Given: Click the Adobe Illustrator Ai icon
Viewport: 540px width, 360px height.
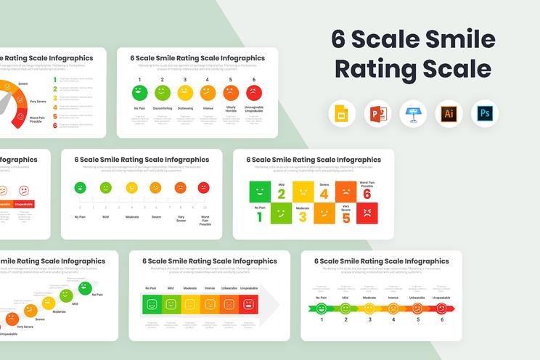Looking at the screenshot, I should (x=449, y=114).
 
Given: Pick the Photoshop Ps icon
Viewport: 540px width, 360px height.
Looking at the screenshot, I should (x=484, y=114).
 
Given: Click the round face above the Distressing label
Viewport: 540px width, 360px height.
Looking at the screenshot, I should (x=185, y=92).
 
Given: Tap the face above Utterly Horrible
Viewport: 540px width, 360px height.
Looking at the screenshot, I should (x=231, y=92).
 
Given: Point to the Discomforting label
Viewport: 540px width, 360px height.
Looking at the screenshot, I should (x=163, y=108).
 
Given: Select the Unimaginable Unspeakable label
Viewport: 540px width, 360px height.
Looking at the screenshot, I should (x=254, y=110).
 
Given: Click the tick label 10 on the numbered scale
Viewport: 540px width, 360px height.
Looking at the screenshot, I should (x=205, y=208).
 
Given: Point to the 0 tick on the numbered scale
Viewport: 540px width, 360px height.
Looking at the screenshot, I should (x=79, y=208).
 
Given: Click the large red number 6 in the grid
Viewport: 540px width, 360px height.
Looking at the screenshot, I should (x=367, y=193).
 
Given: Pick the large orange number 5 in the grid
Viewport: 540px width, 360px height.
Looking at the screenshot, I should (x=345, y=216).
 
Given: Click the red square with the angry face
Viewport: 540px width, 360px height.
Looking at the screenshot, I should (x=367, y=213).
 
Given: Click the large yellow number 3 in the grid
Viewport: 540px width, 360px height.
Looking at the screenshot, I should (x=303, y=216).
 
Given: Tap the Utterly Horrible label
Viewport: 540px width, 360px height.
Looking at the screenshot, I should (x=231, y=108).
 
